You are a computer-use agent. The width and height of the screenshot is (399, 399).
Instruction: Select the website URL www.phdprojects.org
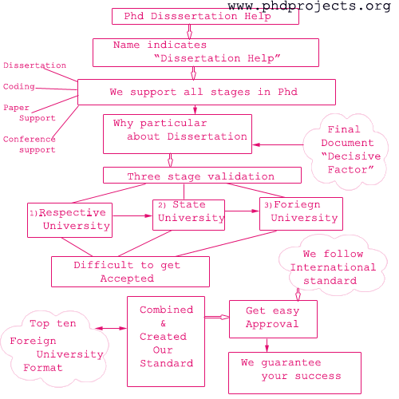click(309, 6)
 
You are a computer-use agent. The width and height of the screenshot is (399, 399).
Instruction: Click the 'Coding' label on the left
click(18, 86)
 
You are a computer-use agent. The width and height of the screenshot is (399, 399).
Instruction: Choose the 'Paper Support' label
click(29, 113)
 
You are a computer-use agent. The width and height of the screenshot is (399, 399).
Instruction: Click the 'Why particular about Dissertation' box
click(176, 133)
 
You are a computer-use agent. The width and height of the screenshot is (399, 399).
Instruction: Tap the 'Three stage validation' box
click(202, 176)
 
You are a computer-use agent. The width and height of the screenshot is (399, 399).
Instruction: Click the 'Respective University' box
click(69, 219)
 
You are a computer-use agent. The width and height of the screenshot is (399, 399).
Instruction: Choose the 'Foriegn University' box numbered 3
click(301, 213)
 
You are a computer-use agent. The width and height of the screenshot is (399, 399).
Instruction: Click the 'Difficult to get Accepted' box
click(130, 271)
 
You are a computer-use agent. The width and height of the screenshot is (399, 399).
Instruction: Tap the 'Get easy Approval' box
click(273, 318)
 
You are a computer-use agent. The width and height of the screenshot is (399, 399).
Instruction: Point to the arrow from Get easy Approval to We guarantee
click(267, 344)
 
